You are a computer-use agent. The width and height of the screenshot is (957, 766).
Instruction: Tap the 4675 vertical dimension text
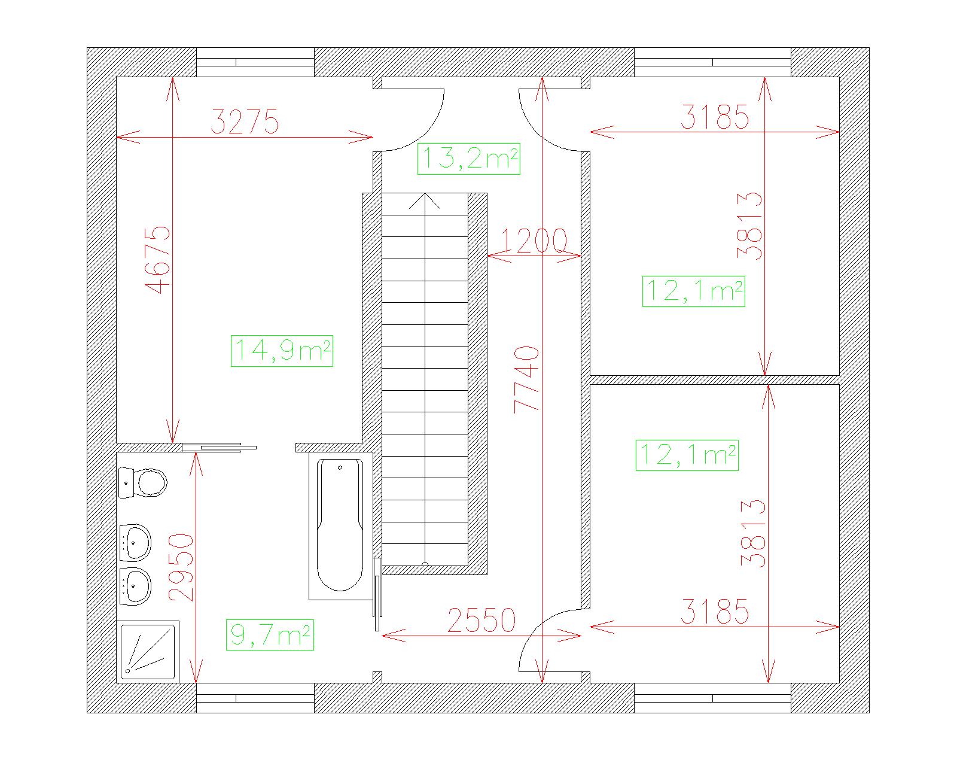click(x=159, y=260)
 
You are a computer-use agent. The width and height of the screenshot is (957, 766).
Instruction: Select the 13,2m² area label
click(x=469, y=159)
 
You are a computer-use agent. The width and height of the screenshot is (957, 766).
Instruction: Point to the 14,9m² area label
click(x=282, y=351)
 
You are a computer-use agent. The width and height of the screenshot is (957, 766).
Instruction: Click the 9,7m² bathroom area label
click(x=270, y=635)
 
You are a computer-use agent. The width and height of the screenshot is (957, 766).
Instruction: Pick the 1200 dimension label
click(x=534, y=241)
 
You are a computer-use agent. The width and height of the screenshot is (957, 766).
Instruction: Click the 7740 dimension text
click(x=526, y=379)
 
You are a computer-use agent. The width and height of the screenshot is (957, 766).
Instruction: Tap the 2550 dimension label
click(x=481, y=621)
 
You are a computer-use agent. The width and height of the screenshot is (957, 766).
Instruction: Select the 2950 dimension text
click(x=181, y=567)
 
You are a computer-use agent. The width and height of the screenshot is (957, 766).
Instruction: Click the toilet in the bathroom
click(x=143, y=483)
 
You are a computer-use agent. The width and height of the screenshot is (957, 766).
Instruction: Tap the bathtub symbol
click(x=340, y=525)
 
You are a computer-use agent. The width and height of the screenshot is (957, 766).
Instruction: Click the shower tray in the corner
click(x=148, y=652)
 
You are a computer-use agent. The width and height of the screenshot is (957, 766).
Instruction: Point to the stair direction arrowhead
click(x=425, y=200)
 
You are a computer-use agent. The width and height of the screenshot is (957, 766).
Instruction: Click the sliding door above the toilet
click(x=219, y=447)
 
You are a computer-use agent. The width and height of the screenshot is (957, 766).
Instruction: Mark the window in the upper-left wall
click(x=255, y=62)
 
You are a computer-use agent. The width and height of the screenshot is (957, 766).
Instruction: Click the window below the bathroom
click(x=255, y=698)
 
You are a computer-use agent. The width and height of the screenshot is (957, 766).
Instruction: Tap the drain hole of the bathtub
click(x=340, y=468)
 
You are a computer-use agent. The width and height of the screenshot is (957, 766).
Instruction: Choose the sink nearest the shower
click(x=135, y=586)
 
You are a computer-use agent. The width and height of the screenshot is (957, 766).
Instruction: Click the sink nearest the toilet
click(x=135, y=543)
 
